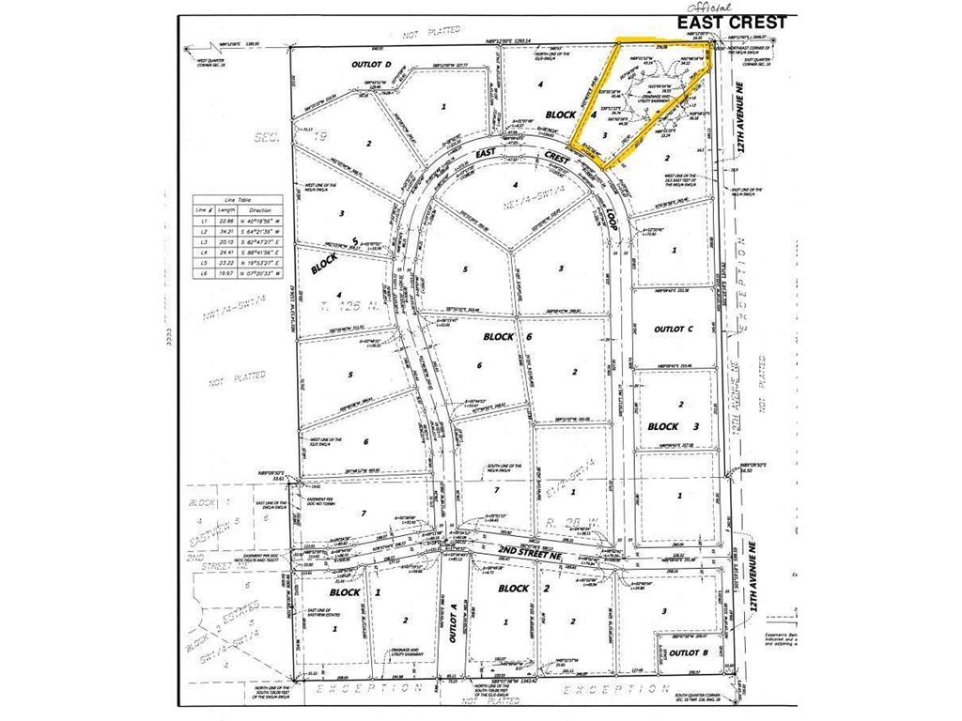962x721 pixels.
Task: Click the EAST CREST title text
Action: [x=736, y=22]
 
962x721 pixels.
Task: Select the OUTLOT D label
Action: [x=344, y=65]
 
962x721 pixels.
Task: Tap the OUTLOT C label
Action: [x=672, y=329]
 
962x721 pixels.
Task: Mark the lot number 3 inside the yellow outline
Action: [x=606, y=134]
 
